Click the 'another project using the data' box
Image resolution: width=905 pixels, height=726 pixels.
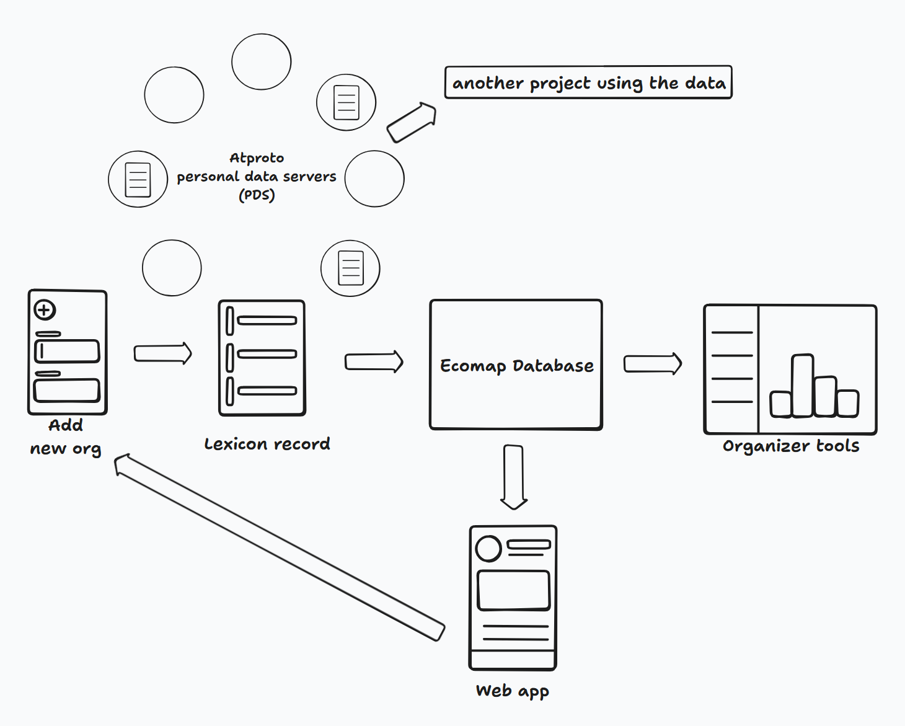tap(588, 82)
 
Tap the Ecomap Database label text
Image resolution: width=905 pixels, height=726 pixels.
tap(517, 366)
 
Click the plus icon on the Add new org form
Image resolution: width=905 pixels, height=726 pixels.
tap(45, 309)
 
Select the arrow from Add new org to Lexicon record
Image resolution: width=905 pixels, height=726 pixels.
tap(163, 353)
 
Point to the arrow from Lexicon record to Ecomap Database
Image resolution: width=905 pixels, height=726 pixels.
tap(374, 361)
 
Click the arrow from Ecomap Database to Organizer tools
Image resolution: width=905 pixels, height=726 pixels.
tap(653, 363)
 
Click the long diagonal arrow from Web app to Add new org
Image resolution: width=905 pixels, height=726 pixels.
tap(280, 547)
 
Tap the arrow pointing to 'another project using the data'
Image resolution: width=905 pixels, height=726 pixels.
tap(412, 122)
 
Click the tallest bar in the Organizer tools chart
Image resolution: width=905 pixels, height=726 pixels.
tap(802, 386)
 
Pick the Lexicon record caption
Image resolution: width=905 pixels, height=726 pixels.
tap(267, 444)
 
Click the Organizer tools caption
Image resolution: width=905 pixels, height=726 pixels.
tap(791, 446)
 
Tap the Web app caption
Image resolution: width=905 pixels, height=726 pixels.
tap(513, 691)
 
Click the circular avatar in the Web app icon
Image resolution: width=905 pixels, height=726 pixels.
tap(488, 549)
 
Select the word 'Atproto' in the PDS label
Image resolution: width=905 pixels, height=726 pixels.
tap(257, 158)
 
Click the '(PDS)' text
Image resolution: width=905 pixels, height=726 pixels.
tap(257, 195)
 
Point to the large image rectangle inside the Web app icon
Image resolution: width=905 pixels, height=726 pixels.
tap(514, 590)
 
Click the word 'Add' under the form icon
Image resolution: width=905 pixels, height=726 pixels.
tap(66, 425)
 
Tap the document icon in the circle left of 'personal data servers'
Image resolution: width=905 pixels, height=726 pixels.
tap(138, 180)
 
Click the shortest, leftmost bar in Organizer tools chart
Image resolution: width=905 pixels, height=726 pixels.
tap(781, 404)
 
